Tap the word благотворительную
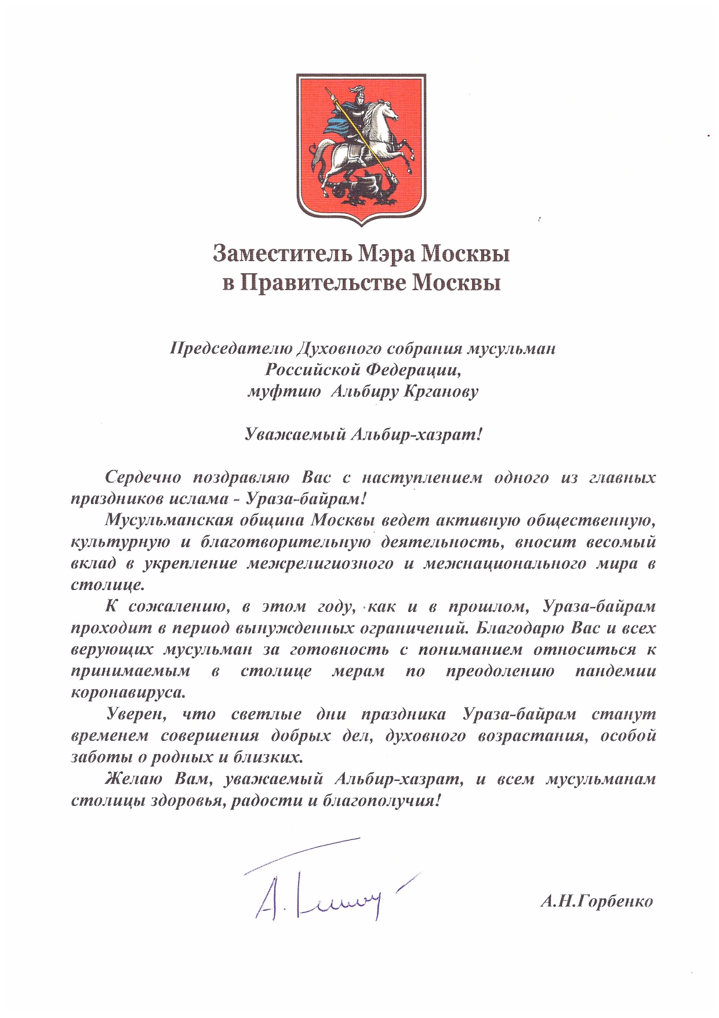coord(285,542)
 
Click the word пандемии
coord(616,671)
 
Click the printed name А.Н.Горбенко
coord(596,901)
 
